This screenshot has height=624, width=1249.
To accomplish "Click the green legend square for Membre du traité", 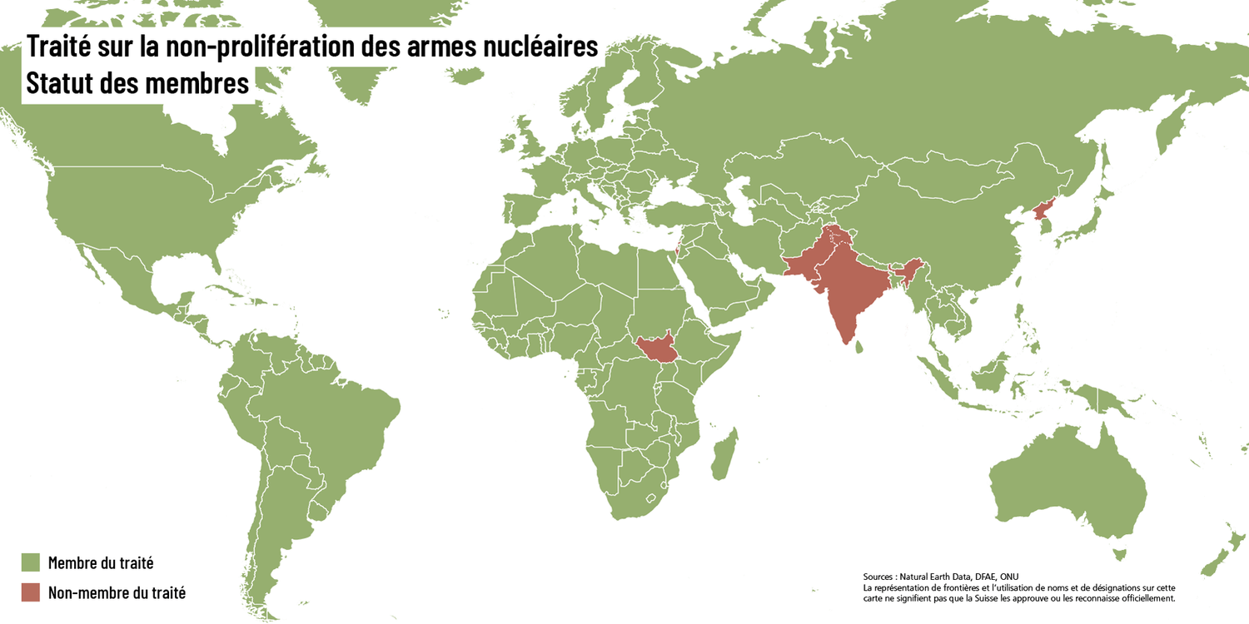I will [x=31, y=563].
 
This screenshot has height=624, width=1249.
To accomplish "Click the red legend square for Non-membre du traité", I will [x=31, y=592].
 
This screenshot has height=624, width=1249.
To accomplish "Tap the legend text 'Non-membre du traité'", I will [x=117, y=593].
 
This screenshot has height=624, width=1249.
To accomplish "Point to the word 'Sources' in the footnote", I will [x=881, y=576].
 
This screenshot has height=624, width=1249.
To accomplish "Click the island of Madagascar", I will [x=724, y=451].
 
